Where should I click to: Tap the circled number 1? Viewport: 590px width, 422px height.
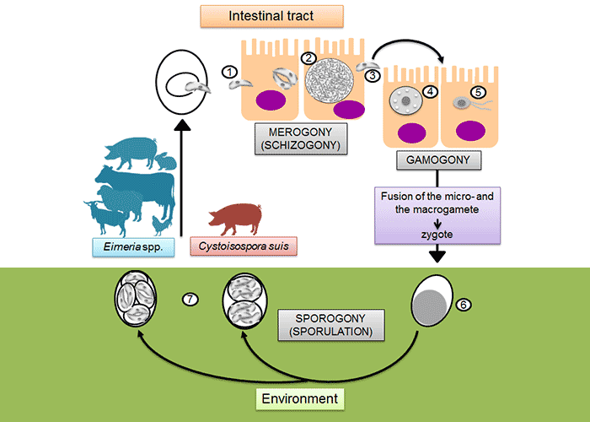click(228, 73)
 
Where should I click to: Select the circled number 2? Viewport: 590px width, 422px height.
click(309, 58)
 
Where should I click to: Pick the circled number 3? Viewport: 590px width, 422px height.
click(373, 75)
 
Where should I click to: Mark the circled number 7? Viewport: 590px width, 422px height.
click(190, 298)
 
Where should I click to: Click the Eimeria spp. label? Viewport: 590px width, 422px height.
click(124, 246)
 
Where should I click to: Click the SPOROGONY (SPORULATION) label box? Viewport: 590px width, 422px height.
click(330, 325)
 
